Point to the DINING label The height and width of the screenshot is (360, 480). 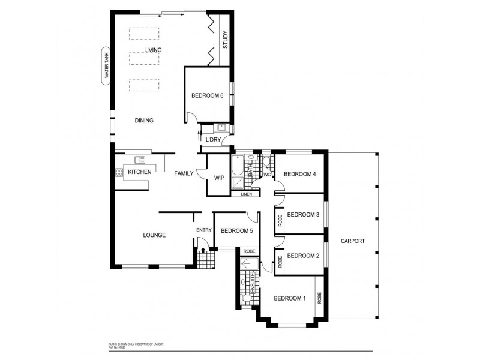[x=144, y=121]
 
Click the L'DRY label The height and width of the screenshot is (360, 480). [x=213, y=139]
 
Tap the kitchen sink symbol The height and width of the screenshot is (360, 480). [x=140, y=160]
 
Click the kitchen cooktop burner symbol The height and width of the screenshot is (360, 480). [x=119, y=173]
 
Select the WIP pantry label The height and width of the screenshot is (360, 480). [x=219, y=178]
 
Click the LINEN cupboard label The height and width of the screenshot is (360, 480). [x=246, y=194]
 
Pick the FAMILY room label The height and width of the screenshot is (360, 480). [x=184, y=173]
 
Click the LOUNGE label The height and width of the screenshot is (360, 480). [x=154, y=235]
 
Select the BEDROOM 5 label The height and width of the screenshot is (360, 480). [x=236, y=231]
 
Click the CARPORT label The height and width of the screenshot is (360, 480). [x=353, y=241]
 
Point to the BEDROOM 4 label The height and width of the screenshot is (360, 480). [x=299, y=175]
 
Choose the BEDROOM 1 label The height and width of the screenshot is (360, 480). [x=290, y=298]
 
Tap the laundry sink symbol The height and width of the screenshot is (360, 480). [x=221, y=128]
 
